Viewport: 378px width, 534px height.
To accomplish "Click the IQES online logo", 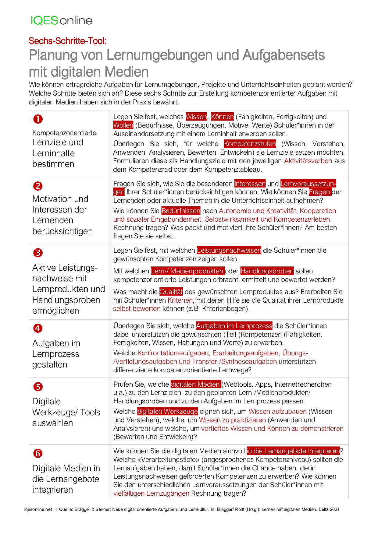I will pos(62,20).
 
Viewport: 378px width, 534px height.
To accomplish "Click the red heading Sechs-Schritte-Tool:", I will pos(68,41).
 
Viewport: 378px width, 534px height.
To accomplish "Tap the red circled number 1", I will pos(38,119).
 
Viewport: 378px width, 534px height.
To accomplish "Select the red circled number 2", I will pos(38,186).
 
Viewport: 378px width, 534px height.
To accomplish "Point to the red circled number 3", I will pos(38,253).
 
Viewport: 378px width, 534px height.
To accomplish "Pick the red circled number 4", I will pos(38,328).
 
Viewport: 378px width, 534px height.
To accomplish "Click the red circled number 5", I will pos(38,387).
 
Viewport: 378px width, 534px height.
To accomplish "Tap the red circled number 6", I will pos(38,453).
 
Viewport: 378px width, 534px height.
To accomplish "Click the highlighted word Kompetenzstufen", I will pos(250,144).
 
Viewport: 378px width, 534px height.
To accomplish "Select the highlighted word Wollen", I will pos(123,125).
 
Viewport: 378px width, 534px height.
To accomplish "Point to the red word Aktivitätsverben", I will pos(308,161).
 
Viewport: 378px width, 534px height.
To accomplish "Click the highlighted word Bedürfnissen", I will pos(181,211).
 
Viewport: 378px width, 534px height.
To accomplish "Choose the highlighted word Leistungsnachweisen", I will pos(229,250).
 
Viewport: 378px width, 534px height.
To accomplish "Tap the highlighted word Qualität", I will pos(171,292).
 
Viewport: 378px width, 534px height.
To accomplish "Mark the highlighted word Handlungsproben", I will pos(267,271).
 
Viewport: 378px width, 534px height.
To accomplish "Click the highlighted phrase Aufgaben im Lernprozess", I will pos(234,326).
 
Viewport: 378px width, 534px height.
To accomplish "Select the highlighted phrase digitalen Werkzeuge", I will pos(167,411).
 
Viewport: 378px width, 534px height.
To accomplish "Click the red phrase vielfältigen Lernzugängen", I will pos(151,493).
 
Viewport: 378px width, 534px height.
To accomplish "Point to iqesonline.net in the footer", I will pos(38,509).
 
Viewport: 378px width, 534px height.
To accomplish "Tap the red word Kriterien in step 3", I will pos(180,300).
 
